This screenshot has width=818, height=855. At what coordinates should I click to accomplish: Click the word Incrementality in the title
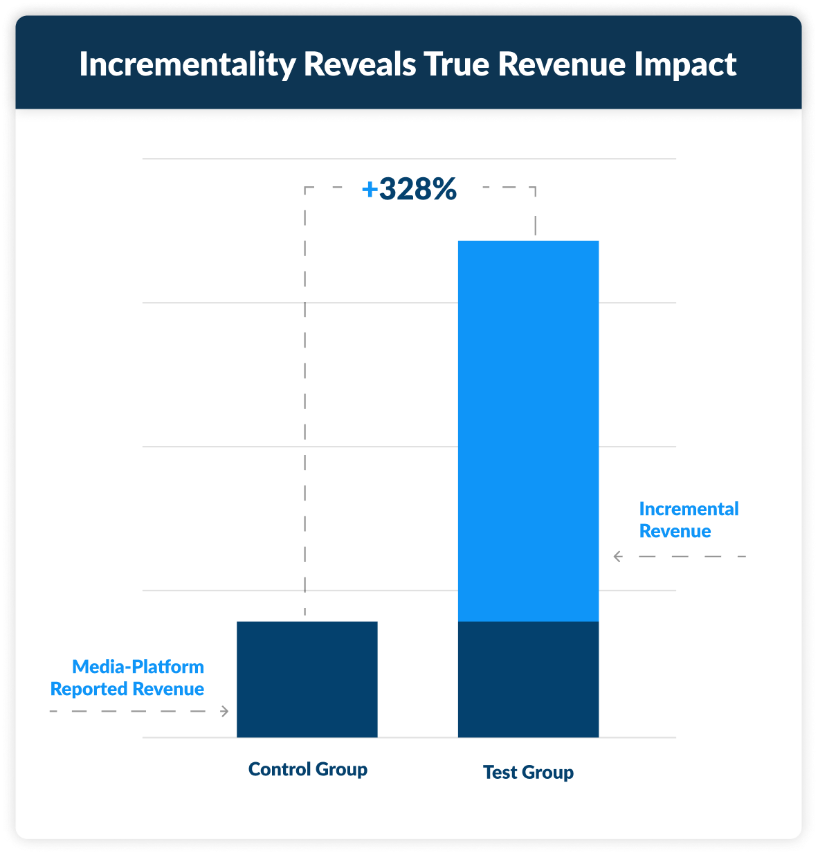click(187, 64)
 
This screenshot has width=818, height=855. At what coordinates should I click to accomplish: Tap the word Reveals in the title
click(360, 64)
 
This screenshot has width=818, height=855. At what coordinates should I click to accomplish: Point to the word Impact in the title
click(685, 64)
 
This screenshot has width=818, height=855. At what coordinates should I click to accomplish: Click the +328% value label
click(410, 189)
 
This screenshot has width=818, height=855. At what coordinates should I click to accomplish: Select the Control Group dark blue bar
click(307, 679)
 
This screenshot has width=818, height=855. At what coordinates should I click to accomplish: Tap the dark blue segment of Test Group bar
click(528, 679)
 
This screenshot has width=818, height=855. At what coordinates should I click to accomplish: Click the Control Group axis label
click(307, 769)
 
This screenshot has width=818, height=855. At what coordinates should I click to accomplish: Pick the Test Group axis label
click(528, 772)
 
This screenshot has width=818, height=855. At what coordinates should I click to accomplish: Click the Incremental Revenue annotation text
click(689, 520)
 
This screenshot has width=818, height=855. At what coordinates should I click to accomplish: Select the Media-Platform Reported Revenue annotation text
click(128, 678)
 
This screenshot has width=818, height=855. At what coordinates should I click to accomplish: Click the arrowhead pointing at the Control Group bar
click(224, 711)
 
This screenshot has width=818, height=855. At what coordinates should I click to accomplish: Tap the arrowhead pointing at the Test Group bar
click(617, 556)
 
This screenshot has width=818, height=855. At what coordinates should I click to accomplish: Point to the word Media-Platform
click(138, 667)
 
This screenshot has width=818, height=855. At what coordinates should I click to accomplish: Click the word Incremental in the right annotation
click(689, 509)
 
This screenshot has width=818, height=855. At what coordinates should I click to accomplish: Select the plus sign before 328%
click(370, 189)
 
